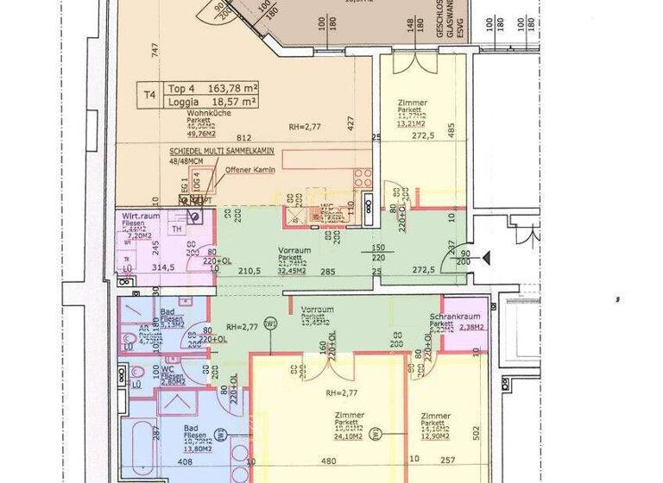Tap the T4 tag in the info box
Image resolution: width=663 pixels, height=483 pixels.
[150, 95]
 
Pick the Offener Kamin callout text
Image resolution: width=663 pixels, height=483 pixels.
[250, 170]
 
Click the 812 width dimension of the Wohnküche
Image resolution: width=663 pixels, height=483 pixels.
[243, 138]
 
